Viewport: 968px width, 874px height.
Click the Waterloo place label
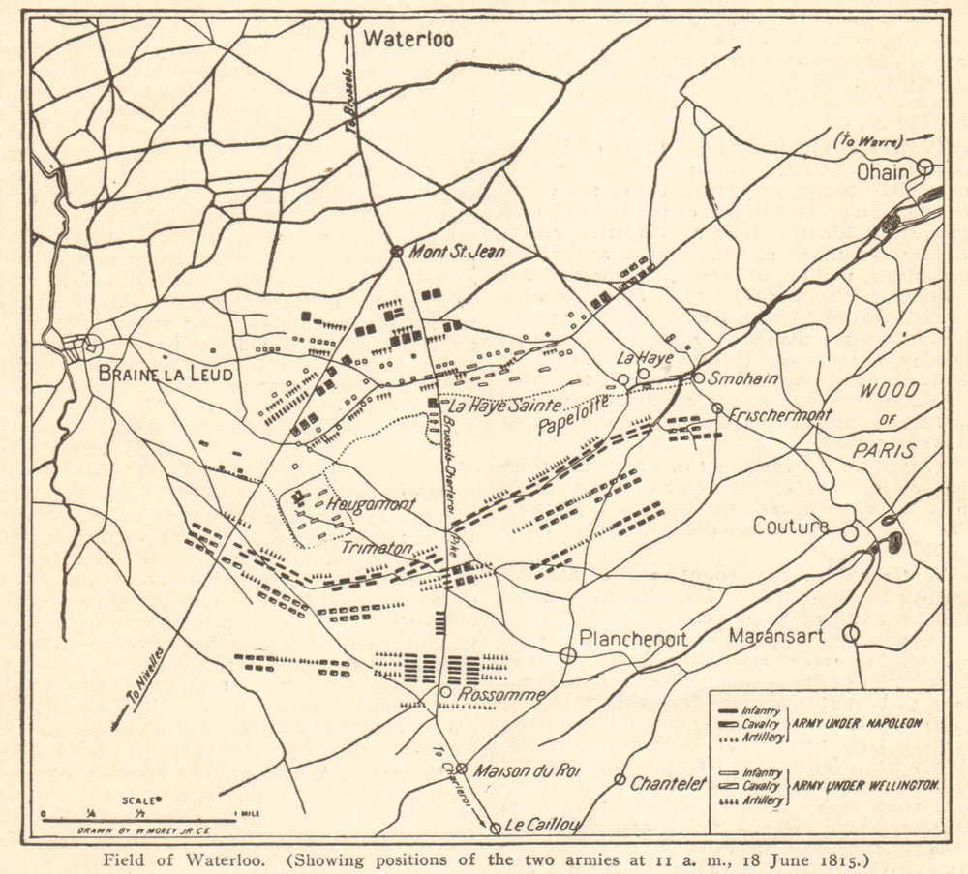click(x=408, y=40)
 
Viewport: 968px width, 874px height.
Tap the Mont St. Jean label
click(x=457, y=251)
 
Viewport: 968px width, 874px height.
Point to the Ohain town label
click(x=883, y=172)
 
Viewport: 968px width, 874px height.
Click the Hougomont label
click(x=371, y=504)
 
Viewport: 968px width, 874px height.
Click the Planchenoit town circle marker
click(x=567, y=655)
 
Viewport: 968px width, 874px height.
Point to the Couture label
click(x=791, y=527)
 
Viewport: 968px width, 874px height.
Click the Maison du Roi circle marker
click(x=462, y=769)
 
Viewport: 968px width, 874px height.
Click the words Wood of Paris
click(x=886, y=421)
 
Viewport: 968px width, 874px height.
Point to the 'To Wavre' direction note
click(x=865, y=140)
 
